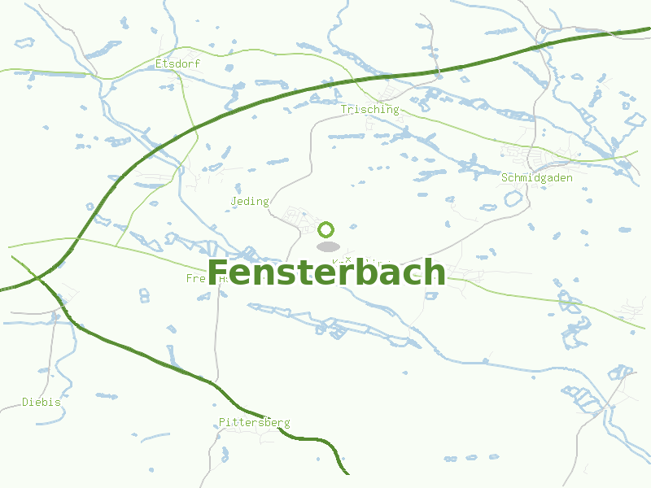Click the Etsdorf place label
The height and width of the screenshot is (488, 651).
[x=177, y=63]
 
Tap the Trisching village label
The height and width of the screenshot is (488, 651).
[x=369, y=109]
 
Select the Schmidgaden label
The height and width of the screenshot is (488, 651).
[x=537, y=177]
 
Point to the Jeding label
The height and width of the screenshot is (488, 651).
[x=250, y=201]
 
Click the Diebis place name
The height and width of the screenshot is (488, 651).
[x=42, y=402]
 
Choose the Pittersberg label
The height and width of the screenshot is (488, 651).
[x=254, y=422]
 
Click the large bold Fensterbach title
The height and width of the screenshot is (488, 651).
[x=326, y=272]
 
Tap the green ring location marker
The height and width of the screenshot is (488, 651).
[x=326, y=229]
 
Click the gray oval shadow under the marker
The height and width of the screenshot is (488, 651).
[x=327, y=246]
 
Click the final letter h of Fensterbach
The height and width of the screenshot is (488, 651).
[x=435, y=272]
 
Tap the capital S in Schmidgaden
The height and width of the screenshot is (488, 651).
[x=505, y=177]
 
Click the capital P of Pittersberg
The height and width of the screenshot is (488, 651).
[x=222, y=422]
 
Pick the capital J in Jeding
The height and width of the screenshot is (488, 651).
[x=234, y=201]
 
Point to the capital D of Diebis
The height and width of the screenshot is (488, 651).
[x=25, y=402]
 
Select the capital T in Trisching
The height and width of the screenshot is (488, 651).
[x=344, y=109]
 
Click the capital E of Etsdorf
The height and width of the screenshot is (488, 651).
[x=159, y=63]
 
